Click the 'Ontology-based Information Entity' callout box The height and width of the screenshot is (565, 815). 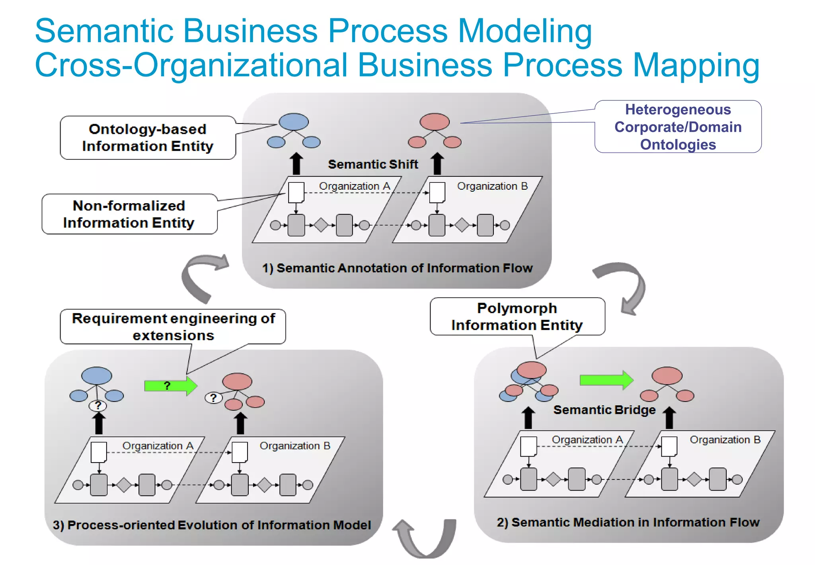coord(147,138)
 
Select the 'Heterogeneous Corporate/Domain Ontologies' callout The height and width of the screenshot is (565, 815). coord(678,127)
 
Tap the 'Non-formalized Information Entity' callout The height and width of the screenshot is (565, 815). coord(129,214)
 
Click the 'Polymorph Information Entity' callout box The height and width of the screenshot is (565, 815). coord(517,317)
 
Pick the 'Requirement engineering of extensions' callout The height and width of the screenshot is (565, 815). coord(173,327)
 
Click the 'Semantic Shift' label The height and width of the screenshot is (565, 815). coord(373,164)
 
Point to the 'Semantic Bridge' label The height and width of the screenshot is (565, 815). coord(604,410)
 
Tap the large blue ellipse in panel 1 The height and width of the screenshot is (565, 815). coord(294,122)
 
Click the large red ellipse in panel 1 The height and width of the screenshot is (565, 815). coord(435,122)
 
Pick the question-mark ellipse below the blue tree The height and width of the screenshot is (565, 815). coord(98,406)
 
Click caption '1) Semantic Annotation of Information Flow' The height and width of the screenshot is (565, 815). coord(397,268)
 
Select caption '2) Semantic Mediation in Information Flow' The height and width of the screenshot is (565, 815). coord(628,522)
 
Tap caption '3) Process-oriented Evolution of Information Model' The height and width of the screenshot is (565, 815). coord(212,525)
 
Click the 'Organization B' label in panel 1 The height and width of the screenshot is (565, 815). coord(492,186)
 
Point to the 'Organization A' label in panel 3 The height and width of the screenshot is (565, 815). coord(158,446)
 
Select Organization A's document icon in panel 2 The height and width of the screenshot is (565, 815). coord(528,447)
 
